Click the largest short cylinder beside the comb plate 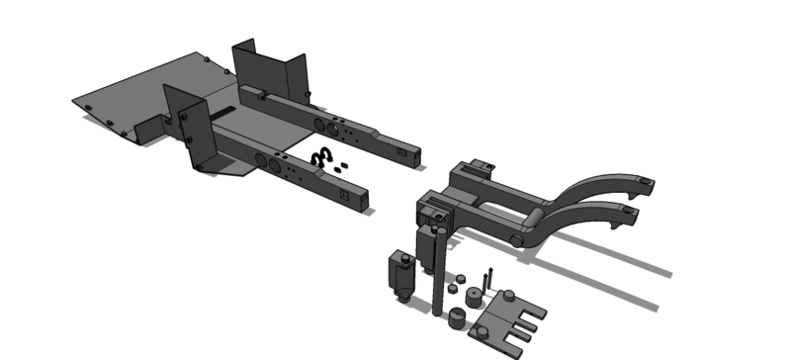click(458, 318)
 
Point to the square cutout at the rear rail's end click(402, 152)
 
